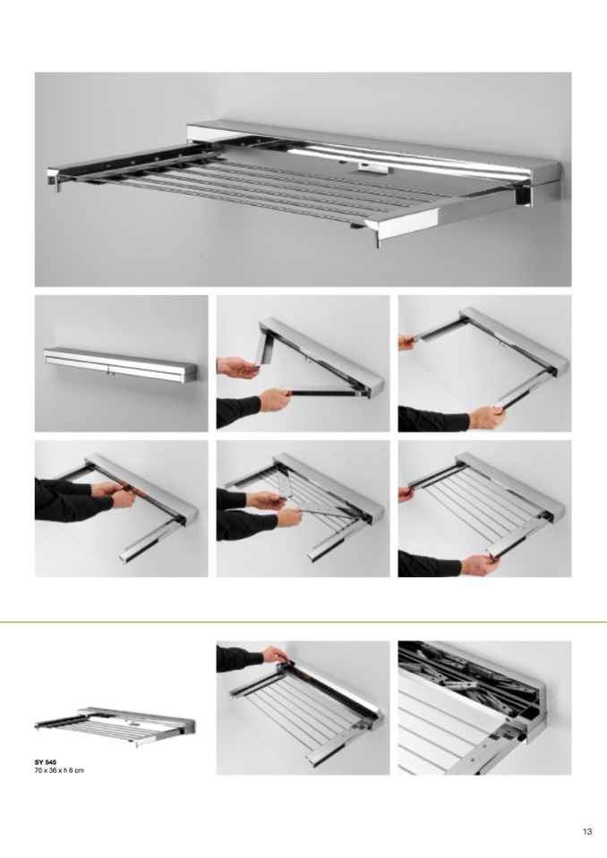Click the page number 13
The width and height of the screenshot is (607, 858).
587,832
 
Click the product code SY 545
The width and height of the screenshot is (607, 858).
46,761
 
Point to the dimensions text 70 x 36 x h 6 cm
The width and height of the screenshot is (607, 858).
59,770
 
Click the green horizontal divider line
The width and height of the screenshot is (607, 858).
303,622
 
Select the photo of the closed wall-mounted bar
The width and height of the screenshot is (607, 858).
121,363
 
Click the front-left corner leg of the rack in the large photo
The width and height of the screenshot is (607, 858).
56,183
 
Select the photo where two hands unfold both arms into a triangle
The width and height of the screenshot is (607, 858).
303,363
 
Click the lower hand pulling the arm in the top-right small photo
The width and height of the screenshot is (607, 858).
487,418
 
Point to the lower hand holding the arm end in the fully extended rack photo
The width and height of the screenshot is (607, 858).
480,564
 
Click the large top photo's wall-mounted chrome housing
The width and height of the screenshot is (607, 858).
372,148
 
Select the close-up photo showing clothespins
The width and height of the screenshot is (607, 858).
484,708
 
